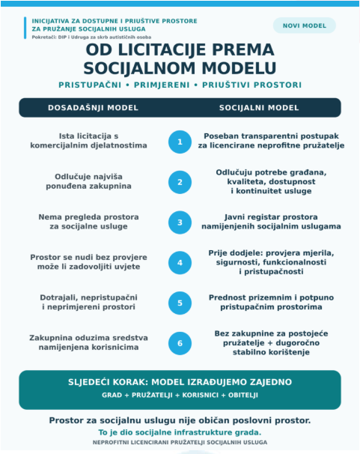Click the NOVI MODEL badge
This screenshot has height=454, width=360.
[304, 25]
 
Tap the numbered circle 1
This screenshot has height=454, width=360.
[180, 142]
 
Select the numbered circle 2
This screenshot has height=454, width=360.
[180, 182]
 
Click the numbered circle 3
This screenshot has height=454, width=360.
[180, 223]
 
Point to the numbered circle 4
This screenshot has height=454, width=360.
[180, 263]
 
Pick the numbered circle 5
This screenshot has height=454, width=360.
[180, 303]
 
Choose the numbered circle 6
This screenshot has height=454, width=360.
[180, 343]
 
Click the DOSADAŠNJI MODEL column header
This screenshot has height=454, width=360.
[93, 108]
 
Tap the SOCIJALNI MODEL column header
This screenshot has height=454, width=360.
[259, 108]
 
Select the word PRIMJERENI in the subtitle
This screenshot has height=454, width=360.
[162, 85]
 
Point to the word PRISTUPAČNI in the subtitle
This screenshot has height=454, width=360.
[90, 85]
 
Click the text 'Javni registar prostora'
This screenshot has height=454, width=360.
[271, 217]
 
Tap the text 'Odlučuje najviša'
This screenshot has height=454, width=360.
[88, 177]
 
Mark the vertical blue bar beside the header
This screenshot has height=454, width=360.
[25, 28]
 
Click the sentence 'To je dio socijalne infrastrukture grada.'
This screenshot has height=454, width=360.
[180, 432]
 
